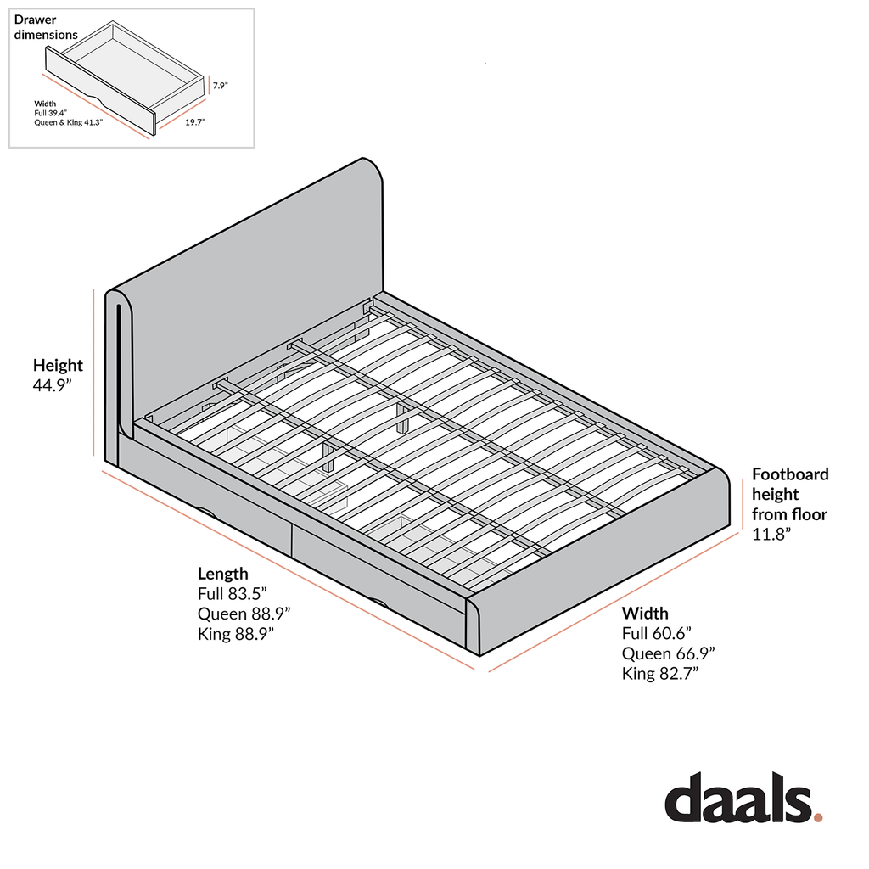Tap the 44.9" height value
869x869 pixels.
click(x=53, y=385)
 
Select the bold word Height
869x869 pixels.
click(x=58, y=365)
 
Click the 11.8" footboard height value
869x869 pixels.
click(x=771, y=534)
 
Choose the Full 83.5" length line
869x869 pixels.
click(x=233, y=593)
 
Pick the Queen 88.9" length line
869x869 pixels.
click(x=244, y=614)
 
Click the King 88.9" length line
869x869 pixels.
click(x=236, y=633)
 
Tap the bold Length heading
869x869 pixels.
click(x=223, y=574)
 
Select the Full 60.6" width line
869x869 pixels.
click(x=657, y=633)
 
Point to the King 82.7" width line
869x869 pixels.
click(x=660, y=673)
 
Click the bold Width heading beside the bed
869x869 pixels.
click(x=645, y=613)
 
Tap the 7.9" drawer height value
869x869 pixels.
click(x=221, y=86)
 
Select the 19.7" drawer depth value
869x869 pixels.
click(x=195, y=122)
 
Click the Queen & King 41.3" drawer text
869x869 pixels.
click(x=69, y=122)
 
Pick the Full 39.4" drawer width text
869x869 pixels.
click(x=50, y=113)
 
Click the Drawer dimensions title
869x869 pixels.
click(x=46, y=27)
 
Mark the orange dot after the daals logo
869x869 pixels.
click(x=818, y=816)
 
